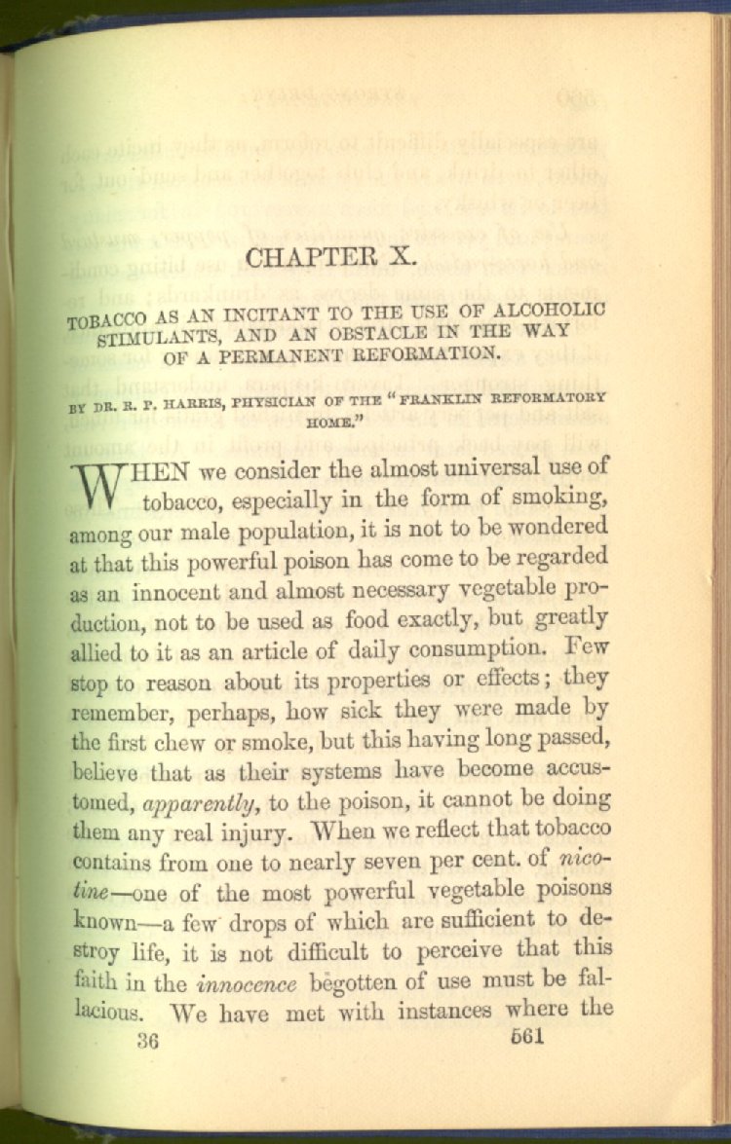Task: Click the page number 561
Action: point(525,1036)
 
